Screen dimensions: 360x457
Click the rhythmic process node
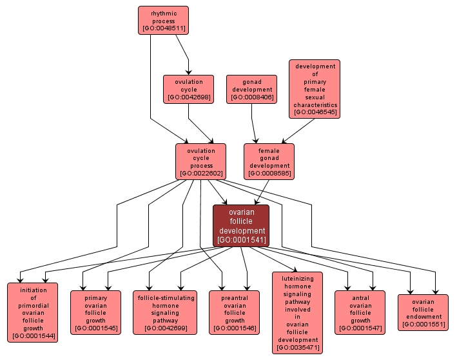[x=163, y=20]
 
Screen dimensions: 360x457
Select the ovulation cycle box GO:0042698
[x=188, y=89]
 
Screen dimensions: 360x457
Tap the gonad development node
[x=251, y=89]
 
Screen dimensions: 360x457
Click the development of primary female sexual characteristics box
[x=315, y=89]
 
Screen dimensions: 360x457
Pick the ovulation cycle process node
[x=200, y=161]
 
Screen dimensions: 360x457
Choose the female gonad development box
[x=269, y=161]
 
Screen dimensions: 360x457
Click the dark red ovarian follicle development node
[x=241, y=226]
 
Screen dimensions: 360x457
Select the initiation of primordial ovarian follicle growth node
[x=32, y=312]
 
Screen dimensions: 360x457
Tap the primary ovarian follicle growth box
[x=95, y=312]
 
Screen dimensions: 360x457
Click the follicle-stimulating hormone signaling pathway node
[x=165, y=312]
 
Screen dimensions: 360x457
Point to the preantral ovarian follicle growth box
[x=235, y=312]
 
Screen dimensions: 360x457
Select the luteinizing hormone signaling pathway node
[x=297, y=312]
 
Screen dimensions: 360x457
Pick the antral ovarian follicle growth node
[x=360, y=312]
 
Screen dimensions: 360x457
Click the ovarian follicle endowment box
[x=423, y=312]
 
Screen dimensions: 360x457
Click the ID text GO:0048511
[x=163, y=28]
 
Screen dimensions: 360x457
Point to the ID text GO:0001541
[x=241, y=240]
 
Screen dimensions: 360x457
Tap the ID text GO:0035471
[x=297, y=348]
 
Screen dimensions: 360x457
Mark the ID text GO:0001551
[x=423, y=324]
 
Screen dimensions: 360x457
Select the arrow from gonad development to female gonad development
[x=254, y=123]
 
